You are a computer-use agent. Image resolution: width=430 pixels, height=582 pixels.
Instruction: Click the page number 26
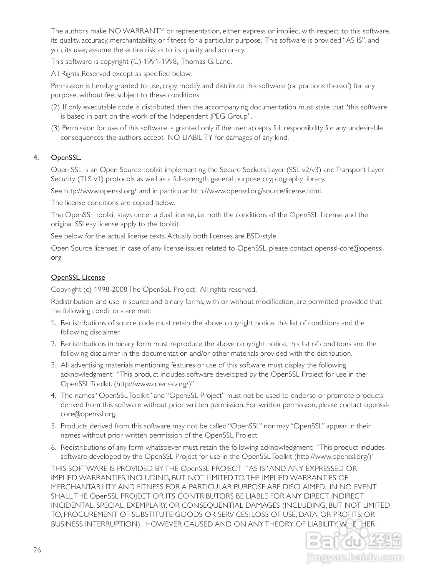pyautogui.click(x=38, y=550)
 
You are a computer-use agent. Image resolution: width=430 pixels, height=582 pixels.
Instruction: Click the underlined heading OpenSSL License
pyautogui.click(x=78, y=278)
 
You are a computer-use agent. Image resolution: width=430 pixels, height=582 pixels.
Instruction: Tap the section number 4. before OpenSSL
pyautogui.click(x=36, y=157)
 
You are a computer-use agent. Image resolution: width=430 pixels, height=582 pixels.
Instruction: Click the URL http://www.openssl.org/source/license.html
pyautogui.click(x=256, y=191)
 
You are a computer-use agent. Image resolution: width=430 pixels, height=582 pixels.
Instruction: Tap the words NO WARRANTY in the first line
pyautogui.click(x=136, y=31)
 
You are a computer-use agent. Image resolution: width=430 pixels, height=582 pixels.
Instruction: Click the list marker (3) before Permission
pyautogui.click(x=55, y=128)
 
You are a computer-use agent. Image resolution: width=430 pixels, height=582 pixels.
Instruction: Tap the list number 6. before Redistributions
pyautogui.click(x=53, y=448)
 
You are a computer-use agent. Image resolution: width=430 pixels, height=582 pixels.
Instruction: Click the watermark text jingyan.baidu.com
pyautogui.click(x=355, y=557)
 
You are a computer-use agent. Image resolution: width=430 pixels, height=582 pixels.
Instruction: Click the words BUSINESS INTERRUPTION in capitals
pyautogui.click(x=94, y=524)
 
